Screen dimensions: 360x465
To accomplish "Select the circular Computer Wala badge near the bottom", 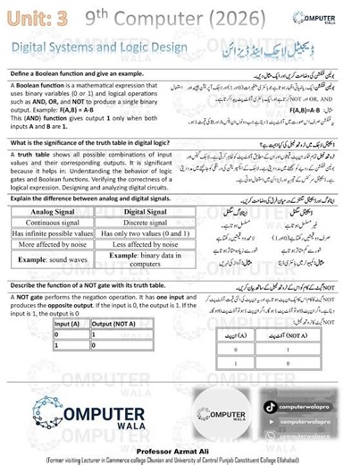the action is pos(219,415).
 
